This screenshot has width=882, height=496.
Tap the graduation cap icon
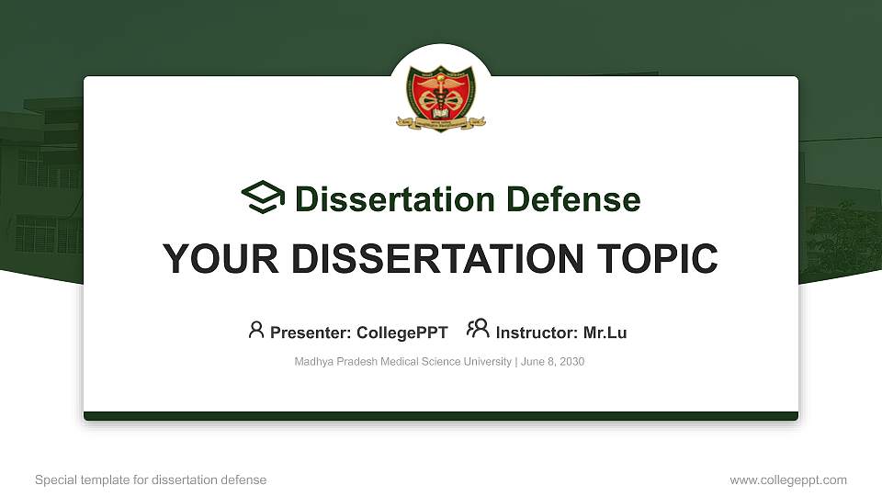263,198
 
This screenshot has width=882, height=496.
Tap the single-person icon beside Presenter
256,330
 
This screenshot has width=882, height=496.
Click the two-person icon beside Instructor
478,329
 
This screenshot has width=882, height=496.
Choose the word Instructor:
537,333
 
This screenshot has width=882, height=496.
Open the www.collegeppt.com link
788,479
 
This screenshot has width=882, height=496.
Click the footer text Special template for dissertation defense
151,479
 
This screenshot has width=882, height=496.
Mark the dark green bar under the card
441,416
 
